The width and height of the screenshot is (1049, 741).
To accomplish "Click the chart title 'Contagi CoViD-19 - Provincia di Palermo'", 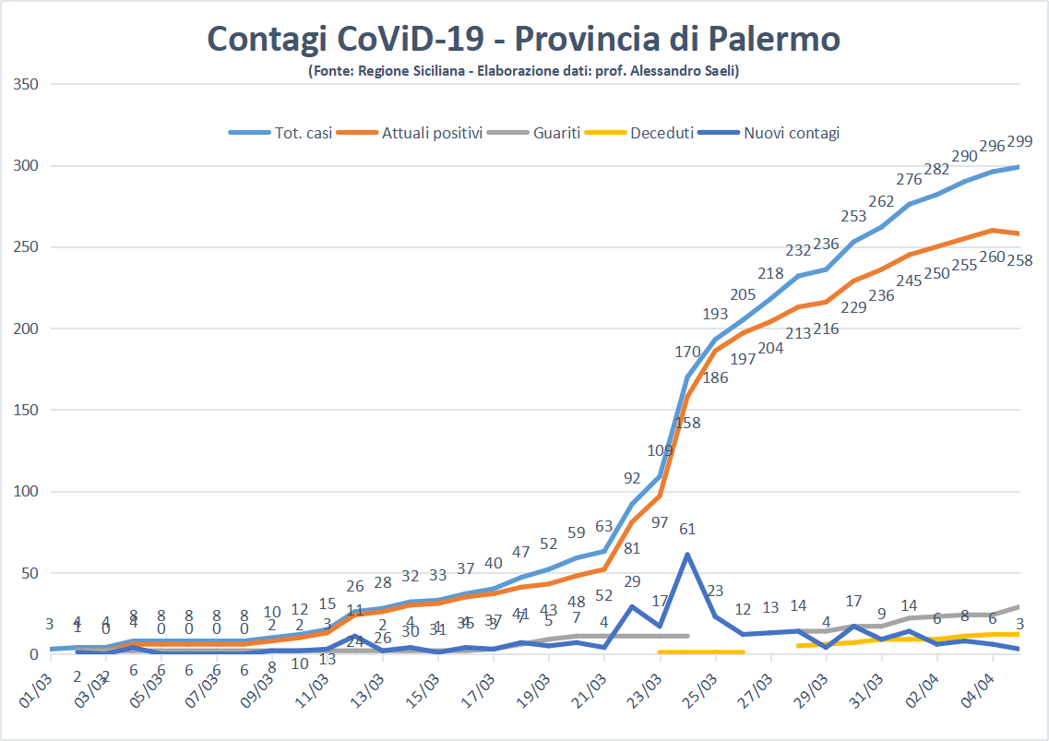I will [x=523, y=39].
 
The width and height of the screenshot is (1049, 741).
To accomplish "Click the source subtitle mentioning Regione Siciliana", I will [x=523, y=71].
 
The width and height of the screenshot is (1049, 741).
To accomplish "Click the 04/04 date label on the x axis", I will [x=981, y=692].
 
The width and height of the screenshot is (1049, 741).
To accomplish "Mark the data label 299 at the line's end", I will [x=1019, y=141].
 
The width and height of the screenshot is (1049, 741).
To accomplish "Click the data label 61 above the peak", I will [x=687, y=529].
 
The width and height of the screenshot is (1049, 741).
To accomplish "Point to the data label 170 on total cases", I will [x=687, y=352].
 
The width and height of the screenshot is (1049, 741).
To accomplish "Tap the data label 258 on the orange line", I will [x=1019, y=261].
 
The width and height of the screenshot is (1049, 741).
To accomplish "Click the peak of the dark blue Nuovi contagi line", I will [x=687, y=555].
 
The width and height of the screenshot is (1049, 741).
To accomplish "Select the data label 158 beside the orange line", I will [x=687, y=424].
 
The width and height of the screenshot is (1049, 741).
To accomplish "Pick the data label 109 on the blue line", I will [x=660, y=450].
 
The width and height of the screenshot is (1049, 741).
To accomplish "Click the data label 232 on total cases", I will [x=798, y=250].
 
